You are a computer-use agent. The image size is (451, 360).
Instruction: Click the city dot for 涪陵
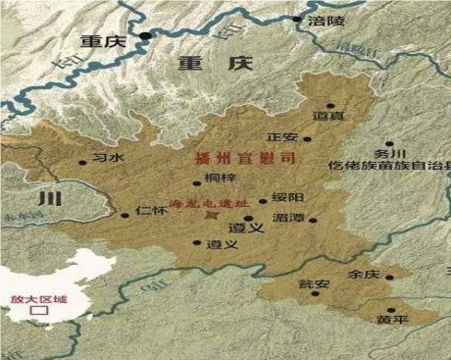[297, 19]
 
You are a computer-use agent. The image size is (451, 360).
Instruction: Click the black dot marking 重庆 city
[145, 38]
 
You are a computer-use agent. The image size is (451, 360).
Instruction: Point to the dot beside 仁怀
[125, 215]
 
